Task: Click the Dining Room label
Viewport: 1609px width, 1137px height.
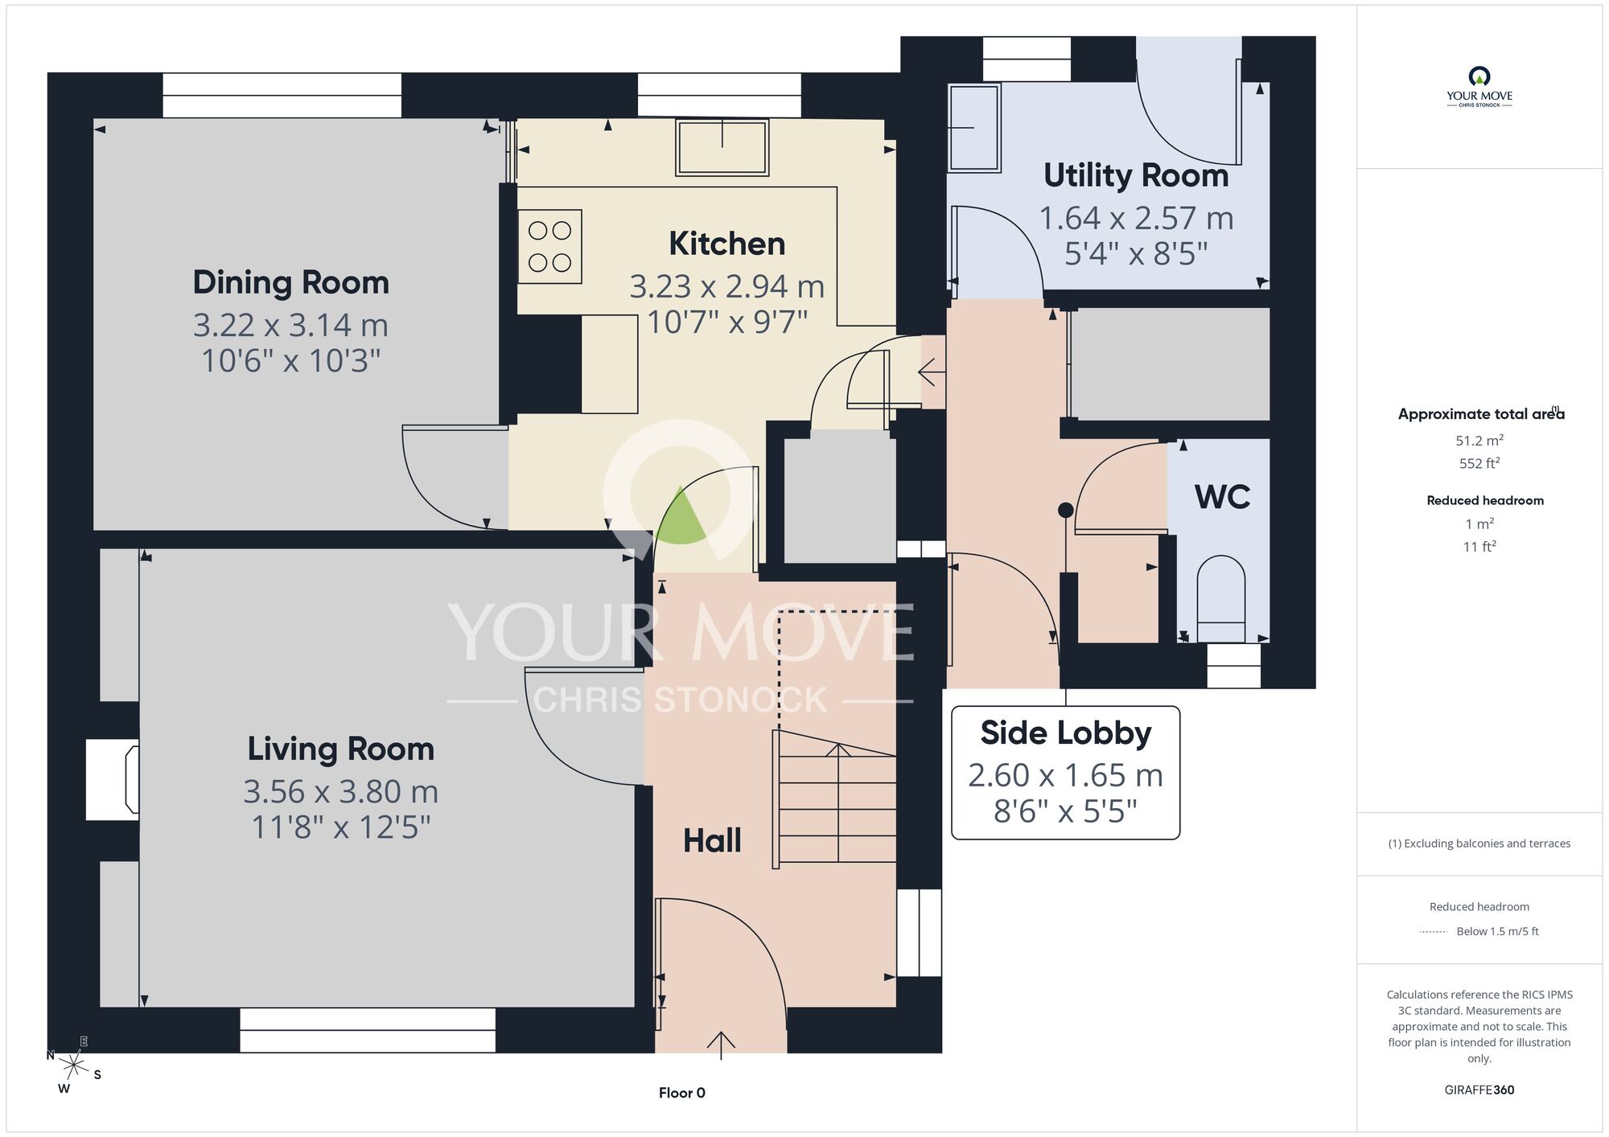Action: coord(290,282)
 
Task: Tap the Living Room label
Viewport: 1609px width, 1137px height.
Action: coord(340,749)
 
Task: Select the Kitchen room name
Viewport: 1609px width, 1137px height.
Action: coord(726,244)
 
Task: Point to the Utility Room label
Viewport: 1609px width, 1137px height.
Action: coord(1136,176)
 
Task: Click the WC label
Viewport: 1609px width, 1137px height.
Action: coord(1222,497)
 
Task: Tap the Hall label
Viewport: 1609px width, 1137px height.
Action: coord(712,841)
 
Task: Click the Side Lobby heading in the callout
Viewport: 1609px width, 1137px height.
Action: coord(1065,733)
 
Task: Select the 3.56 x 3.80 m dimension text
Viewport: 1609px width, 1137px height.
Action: coord(340,791)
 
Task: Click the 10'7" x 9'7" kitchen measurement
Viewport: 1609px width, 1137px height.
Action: coord(726,322)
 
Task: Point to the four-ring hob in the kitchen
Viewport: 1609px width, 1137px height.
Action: coord(549,246)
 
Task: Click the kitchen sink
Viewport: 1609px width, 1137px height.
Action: coord(722,146)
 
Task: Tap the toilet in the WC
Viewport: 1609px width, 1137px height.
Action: coord(1221,599)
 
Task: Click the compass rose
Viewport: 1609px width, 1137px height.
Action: coord(74,1066)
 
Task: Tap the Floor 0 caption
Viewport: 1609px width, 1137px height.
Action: coord(681,1093)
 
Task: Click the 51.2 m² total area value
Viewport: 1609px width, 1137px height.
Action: coord(1479,441)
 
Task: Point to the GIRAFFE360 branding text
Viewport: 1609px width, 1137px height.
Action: coord(1479,1090)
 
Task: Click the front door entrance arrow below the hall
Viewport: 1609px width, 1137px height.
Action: coord(721,1045)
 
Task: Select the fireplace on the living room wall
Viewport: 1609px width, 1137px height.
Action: coord(113,780)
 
